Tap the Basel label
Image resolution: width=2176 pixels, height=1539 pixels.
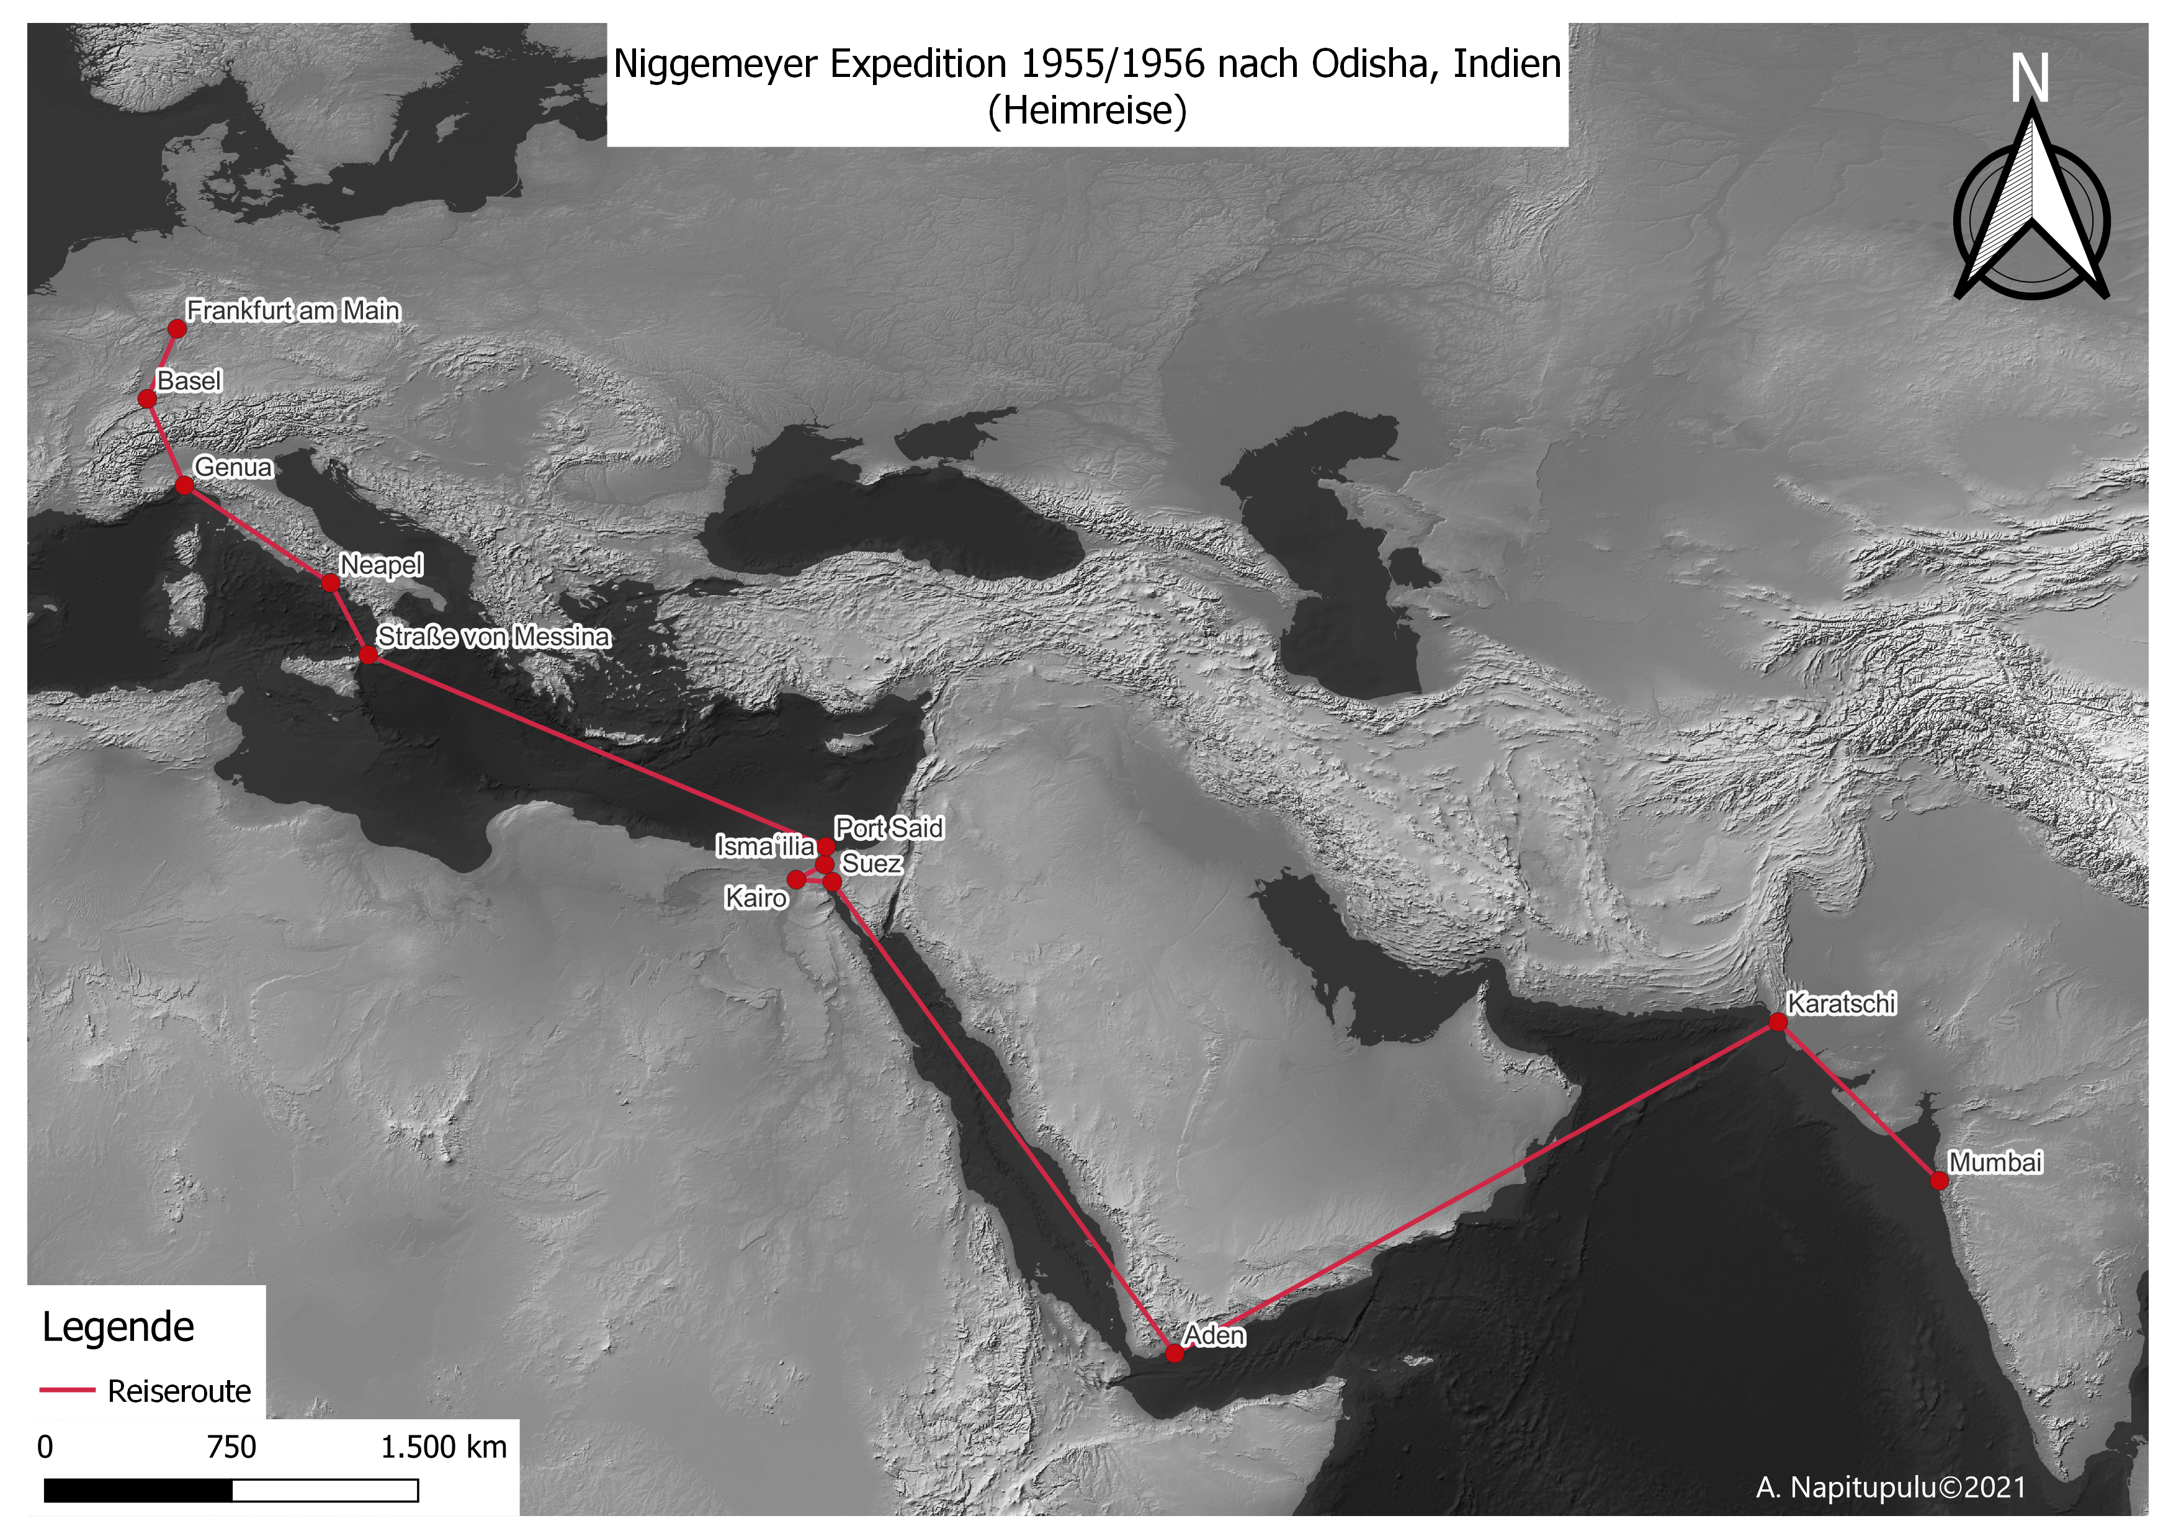(189, 381)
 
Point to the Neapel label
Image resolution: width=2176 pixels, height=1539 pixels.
(381, 565)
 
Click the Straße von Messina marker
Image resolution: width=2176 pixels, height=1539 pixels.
(369, 655)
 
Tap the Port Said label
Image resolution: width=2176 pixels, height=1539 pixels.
(889, 828)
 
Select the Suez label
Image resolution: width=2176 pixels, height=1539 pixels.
(871, 863)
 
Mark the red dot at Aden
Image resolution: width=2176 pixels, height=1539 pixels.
(1174, 1353)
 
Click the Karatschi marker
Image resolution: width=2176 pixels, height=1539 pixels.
(1778, 1023)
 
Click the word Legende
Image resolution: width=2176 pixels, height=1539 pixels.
(119, 1327)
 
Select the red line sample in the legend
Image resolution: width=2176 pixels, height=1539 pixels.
(67, 1390)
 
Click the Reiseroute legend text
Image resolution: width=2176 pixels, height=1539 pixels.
(179, 1391)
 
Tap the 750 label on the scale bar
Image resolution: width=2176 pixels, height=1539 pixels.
(232, 1447)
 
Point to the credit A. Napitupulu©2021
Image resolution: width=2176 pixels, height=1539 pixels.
(1891, 1487)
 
